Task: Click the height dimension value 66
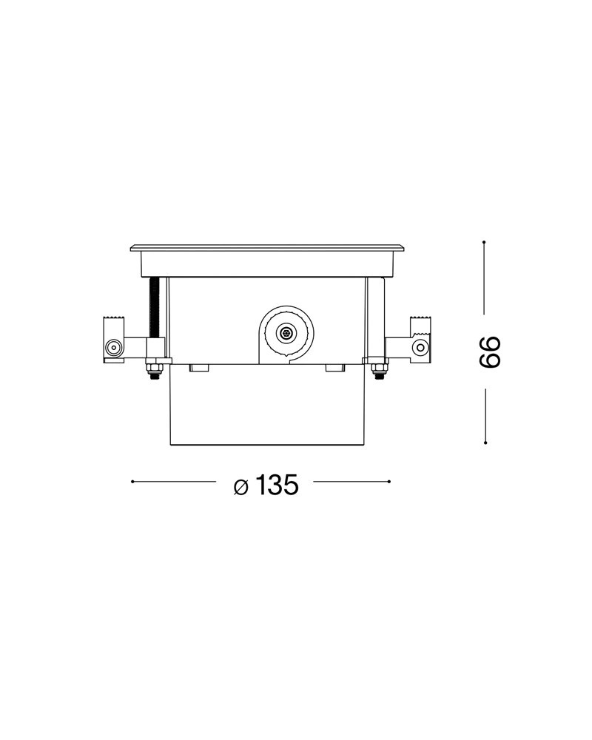(489, 352)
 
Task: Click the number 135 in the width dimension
(277, 485)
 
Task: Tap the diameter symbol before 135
(240, 487)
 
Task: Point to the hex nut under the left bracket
(153, 369)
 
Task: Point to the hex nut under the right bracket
(378, 369)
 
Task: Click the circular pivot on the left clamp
(113, 349)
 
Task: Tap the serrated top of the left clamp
(114, 318)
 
